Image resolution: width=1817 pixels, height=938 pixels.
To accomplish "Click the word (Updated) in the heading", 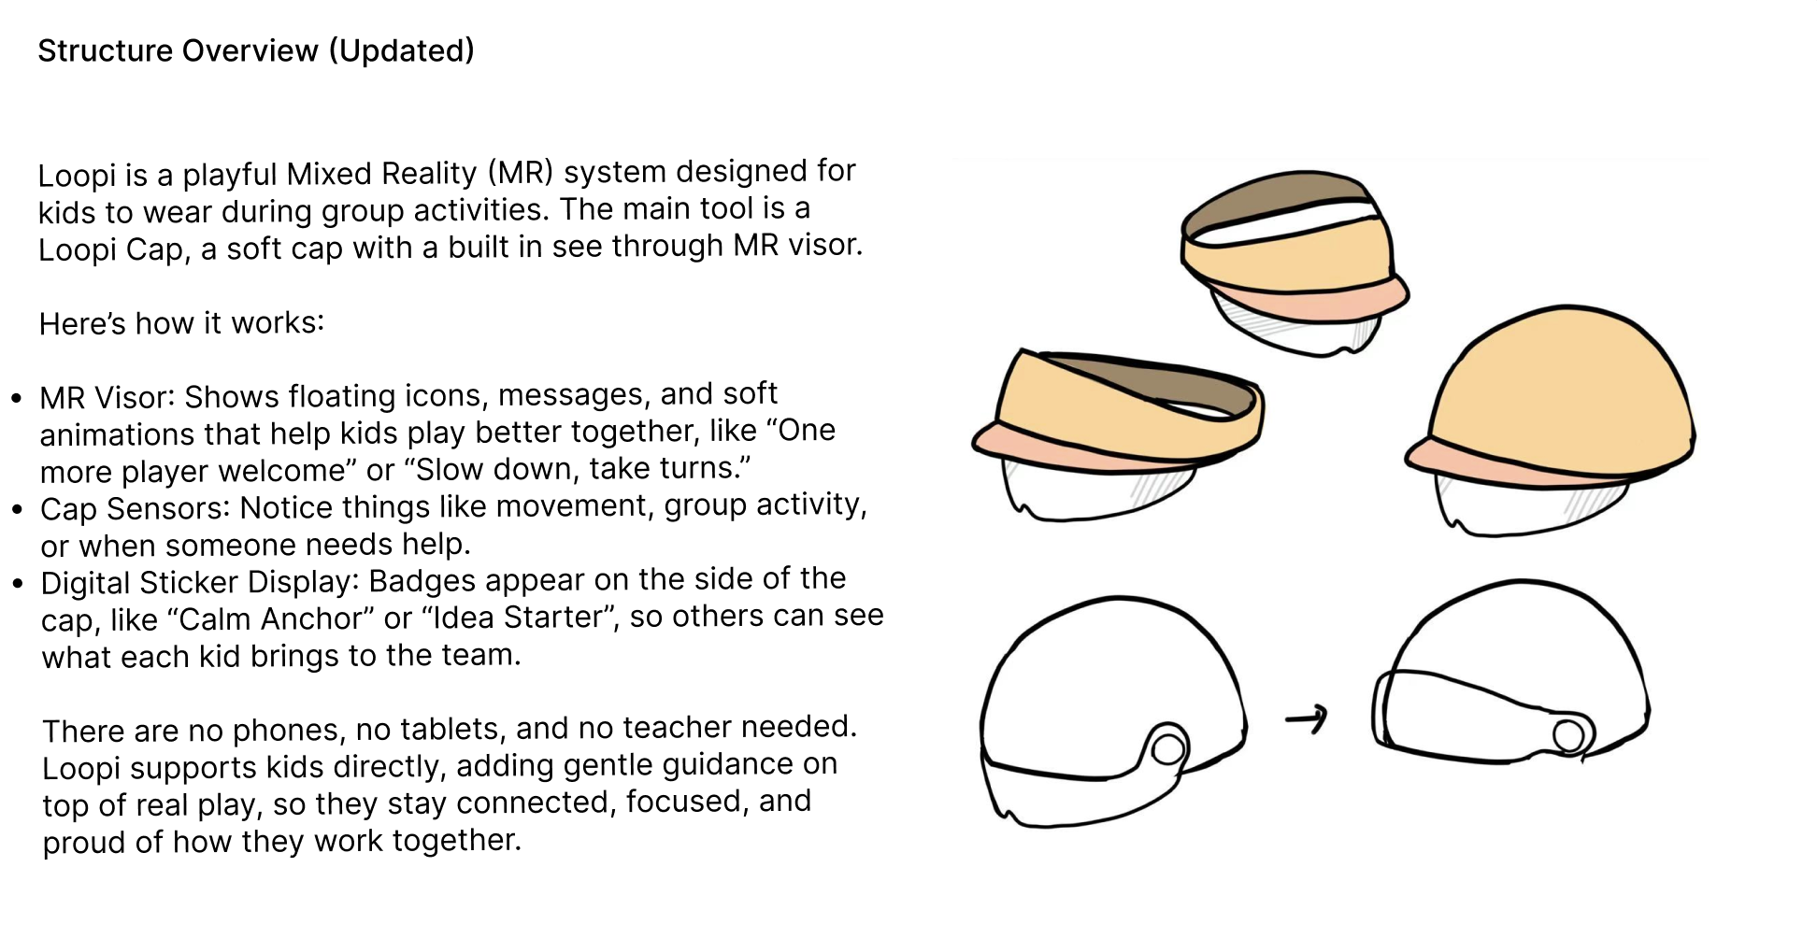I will pos(401,50).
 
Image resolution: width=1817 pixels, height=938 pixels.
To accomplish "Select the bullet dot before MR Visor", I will pos(17,399).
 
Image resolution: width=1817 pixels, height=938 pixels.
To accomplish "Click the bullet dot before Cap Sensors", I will pos(17,510).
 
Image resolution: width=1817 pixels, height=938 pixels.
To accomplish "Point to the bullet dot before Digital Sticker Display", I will pos(18,584).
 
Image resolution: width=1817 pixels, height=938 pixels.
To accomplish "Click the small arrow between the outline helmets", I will pos(1307,718).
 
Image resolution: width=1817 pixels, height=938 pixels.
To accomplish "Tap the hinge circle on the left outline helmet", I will pos(1168,748).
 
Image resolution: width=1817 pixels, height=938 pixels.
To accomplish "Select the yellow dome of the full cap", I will pos(1561,383).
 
